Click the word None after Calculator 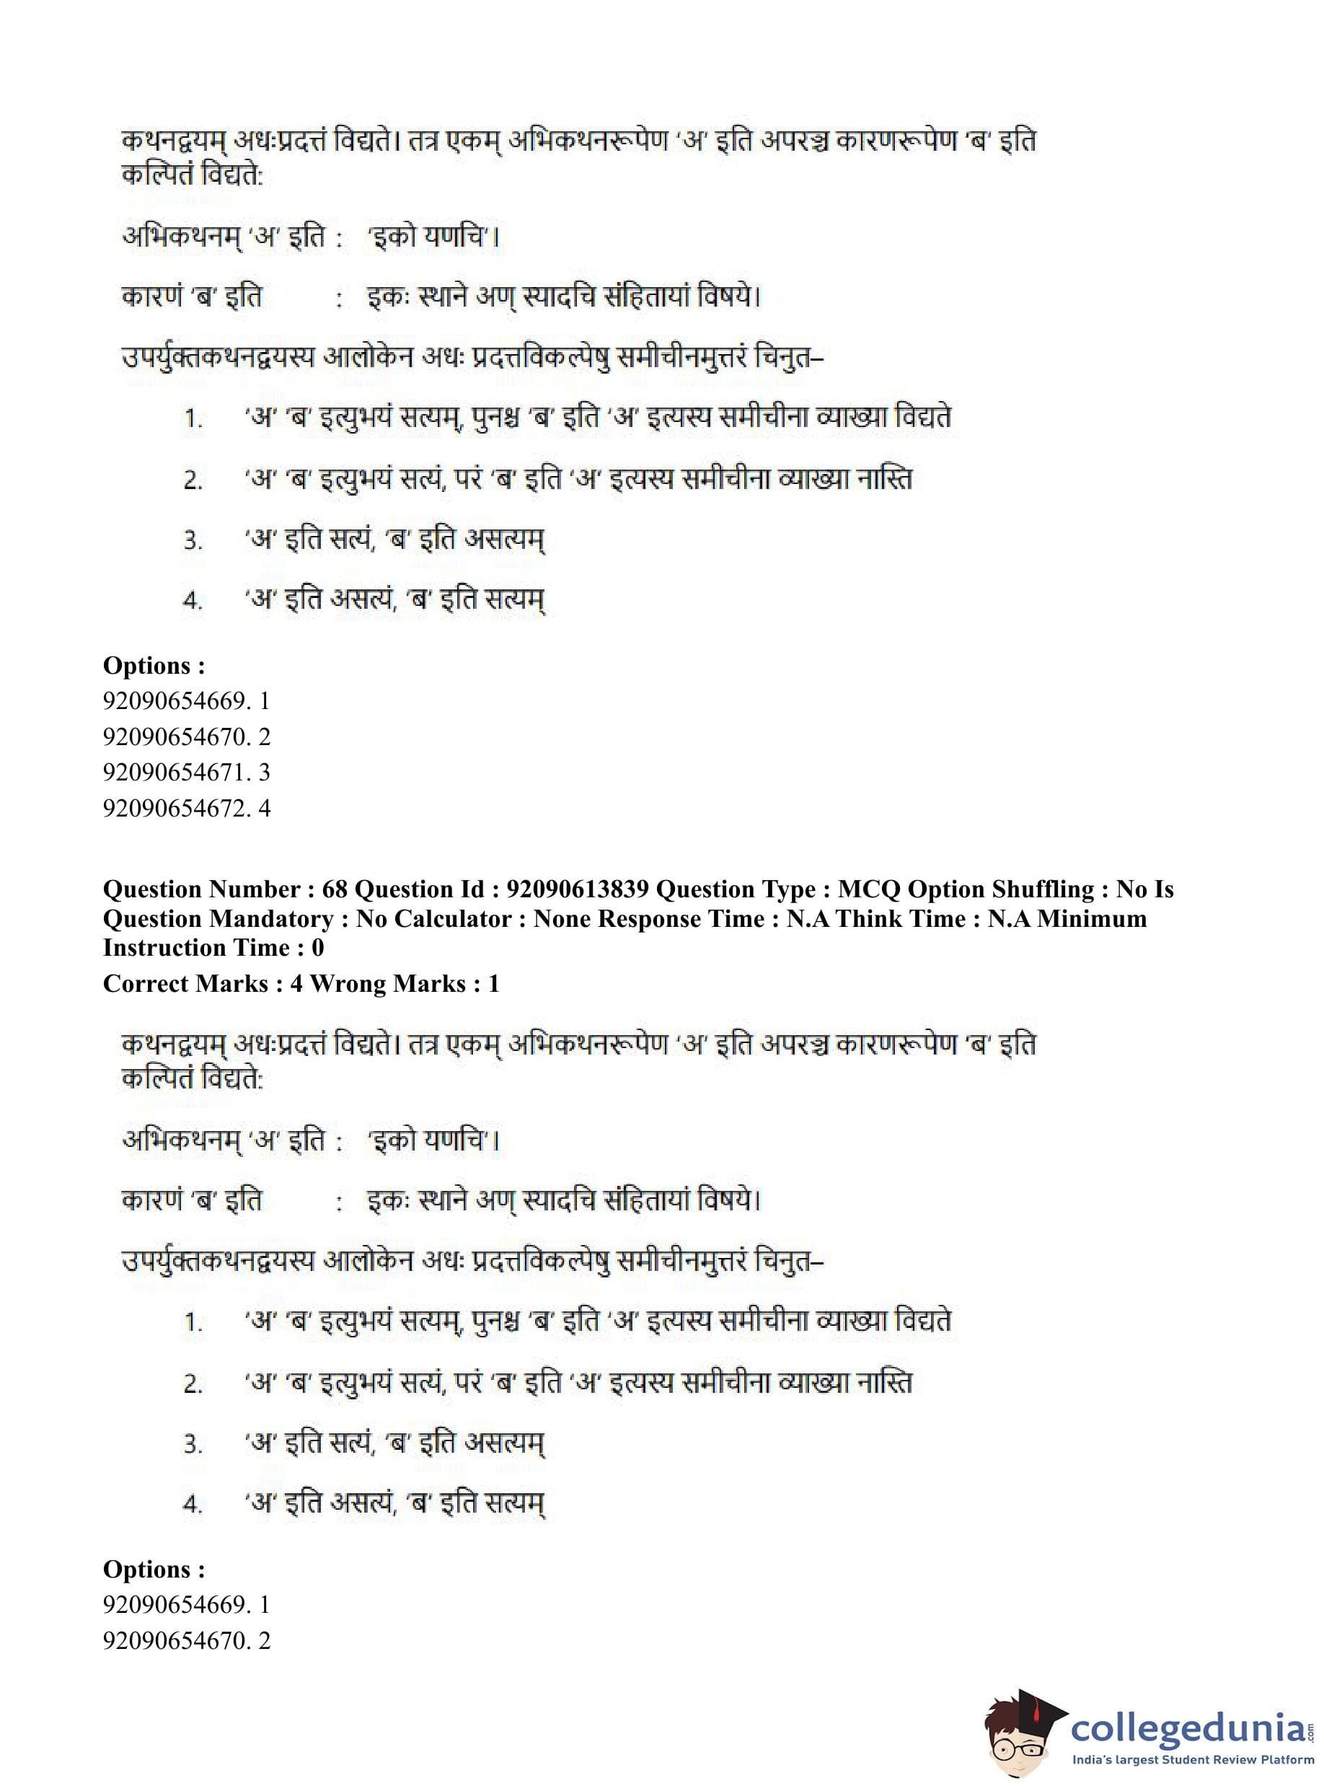pos(562,919)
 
